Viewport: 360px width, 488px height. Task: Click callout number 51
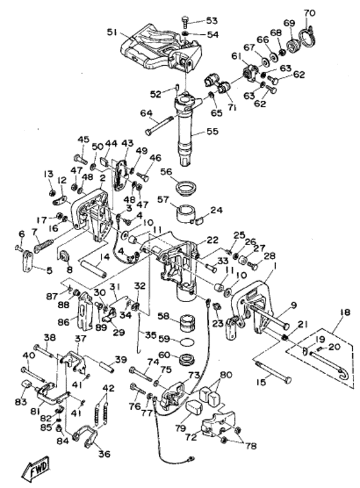[113, 32]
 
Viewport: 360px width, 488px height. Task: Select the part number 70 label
[309, 13]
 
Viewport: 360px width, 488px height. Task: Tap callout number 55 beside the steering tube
[213, 131]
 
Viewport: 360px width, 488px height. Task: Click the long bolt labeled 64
[159, 125]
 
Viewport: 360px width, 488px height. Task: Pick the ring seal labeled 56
[186, 188]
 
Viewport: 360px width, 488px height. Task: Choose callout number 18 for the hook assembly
[345, 312]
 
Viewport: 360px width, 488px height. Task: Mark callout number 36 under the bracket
[104, 454]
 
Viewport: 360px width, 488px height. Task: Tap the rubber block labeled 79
[194, 408]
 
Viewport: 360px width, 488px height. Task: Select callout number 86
[64, 322]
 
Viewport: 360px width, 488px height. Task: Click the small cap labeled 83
[26, 384]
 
